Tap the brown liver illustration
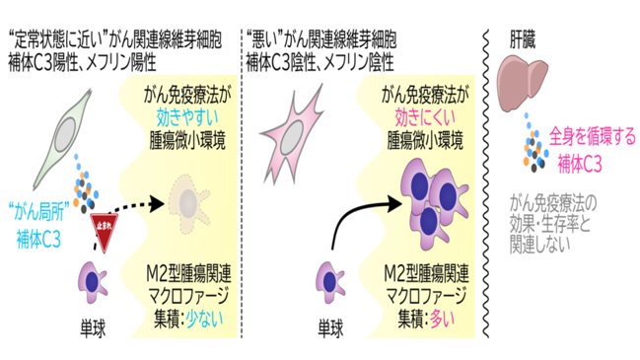point(522,83)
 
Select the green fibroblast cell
point(63,139)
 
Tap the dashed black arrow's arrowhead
point(157,204)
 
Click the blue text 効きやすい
point(187,117)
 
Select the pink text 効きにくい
point(425,117)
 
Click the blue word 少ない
point(205,319)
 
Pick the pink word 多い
point(443,319)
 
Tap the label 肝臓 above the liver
point(522,40)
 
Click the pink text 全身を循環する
point(593,137)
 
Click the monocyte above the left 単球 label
point(93,282)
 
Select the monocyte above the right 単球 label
point(329,282)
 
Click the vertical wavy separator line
point(486,183)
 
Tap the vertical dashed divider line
point(242,183)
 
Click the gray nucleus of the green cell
point(64,135)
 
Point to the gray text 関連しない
point(539,245)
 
